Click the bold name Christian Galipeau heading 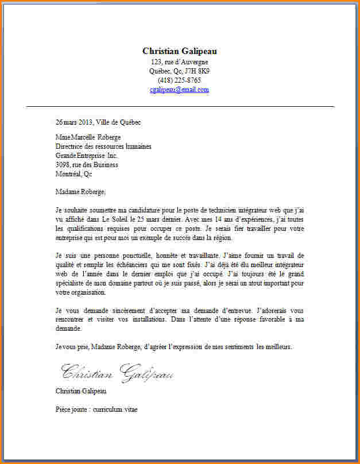click(180, 51)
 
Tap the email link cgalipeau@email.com click(180, 90)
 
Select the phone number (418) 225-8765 click(180, 80)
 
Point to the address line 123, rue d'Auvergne click(180, 61)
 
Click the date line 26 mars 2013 click(73, 122)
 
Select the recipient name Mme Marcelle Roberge click(88, 137)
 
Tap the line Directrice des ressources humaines click(103, 146)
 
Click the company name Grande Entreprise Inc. click(86, 156)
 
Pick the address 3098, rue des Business click(87, 165)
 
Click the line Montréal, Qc click(73, 174)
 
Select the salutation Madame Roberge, click(81, 191)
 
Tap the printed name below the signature click(81, 391)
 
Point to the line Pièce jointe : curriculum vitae click(96, 409)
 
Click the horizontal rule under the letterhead click(180, 107)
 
